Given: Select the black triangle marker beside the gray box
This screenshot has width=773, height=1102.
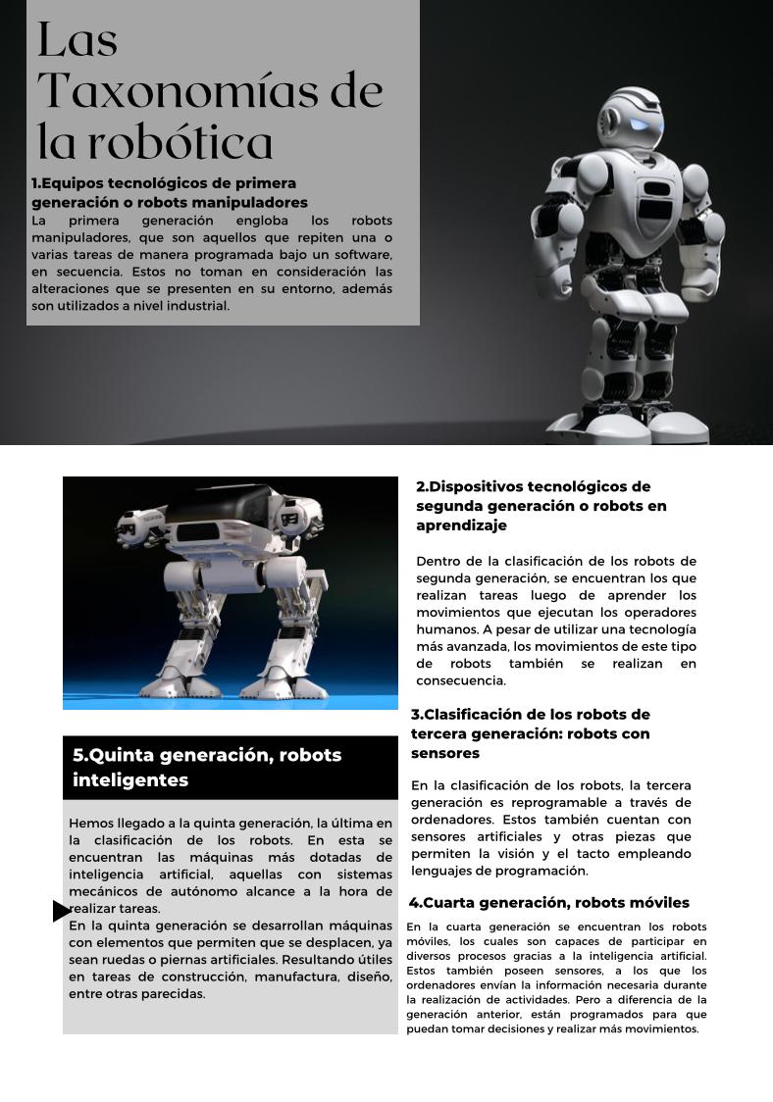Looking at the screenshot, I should pyautogui.click(x=62, y=912).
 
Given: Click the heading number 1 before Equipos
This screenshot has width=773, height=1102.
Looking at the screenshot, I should pyautogui.click(x=35, y=183).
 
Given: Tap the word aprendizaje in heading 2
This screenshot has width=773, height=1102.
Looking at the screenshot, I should pyautogui.click(x=461, y=526).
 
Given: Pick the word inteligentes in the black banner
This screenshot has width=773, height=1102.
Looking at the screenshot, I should pyautogui.click(x=130, y=780).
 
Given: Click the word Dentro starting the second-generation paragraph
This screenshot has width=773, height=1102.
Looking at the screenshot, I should pyautogui.click(x=440, y=562).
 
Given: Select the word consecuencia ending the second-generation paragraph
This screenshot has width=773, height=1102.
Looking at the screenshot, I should pyautogui.click(x=460, y=680).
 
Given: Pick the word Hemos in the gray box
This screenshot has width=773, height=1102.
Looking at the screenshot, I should pyautogui.click(x=90, y=824).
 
